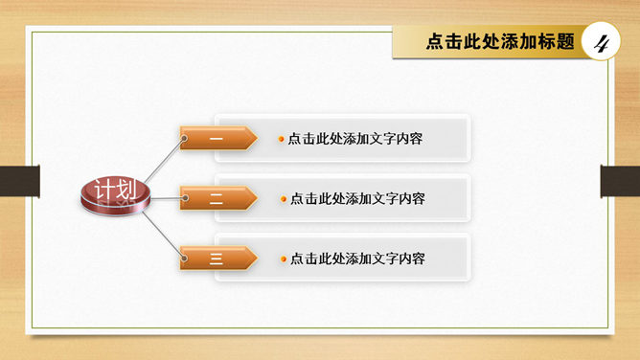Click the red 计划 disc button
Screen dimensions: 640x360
coord(116,195)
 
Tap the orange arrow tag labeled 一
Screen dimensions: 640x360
coord(218,138)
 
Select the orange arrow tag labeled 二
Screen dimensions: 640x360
coord(218,198)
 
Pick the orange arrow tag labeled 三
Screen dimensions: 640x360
coord(218,258)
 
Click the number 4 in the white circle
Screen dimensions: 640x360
coord(601,42)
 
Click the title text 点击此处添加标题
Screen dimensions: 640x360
coord(500,41)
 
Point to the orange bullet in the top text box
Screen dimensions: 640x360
coord(281,139)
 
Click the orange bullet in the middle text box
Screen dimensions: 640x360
coord(284,199)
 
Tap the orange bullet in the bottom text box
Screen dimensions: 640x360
coord(284,259)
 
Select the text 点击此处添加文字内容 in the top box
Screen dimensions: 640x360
coord(355,139)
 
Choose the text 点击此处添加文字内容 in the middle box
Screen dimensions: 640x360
coord(357,199)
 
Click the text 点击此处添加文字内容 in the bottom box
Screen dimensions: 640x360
coord(357,259)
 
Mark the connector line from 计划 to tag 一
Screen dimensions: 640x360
coord(164,160)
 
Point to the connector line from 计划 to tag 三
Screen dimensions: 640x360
coord(163,235)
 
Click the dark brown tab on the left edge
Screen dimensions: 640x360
coord(19,181)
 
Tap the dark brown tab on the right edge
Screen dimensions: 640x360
coord(620,181)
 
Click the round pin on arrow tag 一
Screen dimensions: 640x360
coord(184,139)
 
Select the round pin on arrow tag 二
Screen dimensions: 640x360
coord(185,198)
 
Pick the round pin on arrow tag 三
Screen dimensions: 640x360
coord(185,259)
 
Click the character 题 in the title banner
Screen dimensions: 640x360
coord(565,41)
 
